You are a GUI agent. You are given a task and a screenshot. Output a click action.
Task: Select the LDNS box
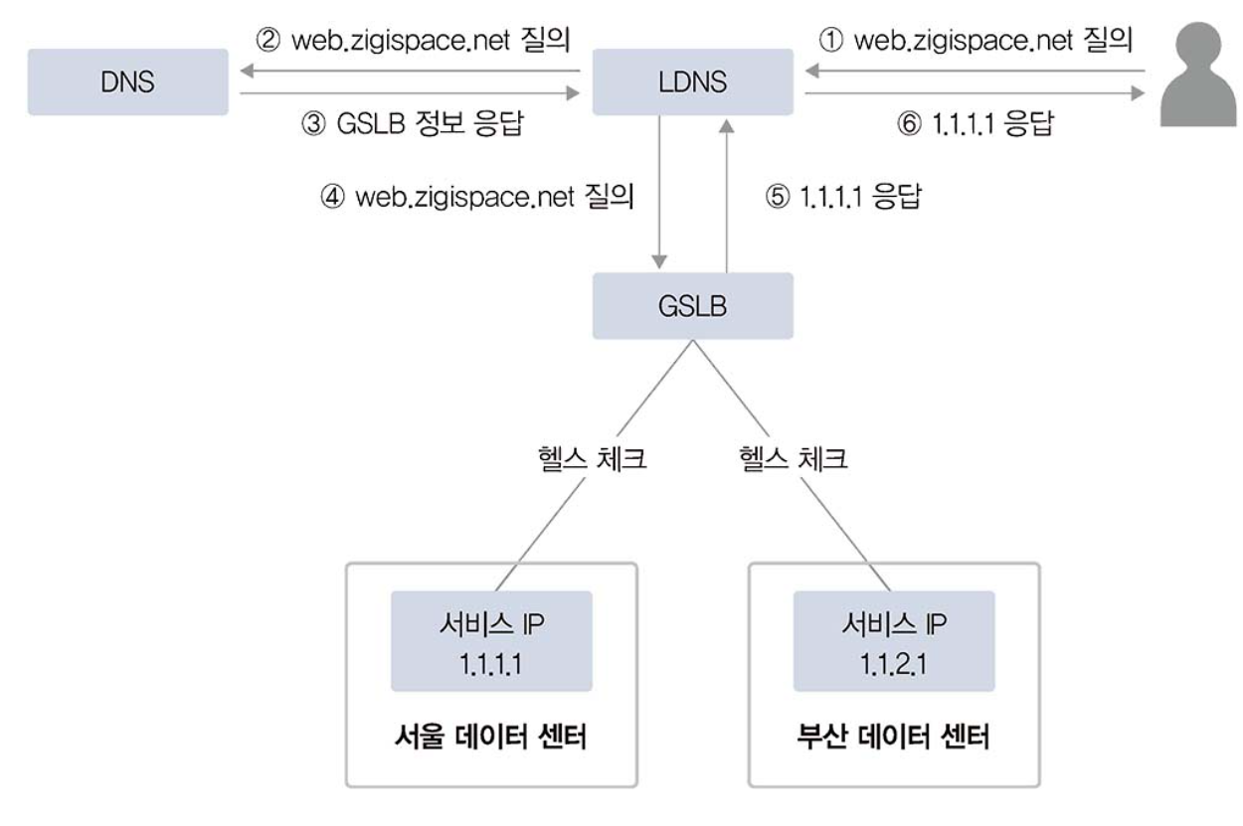pyautogui.click(x=692, y=82)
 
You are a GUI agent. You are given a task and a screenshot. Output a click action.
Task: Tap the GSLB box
pyautogui.click(x=692, y=305)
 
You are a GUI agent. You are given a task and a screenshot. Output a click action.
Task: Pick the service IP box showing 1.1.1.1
pyautogui.click(x=491, y=641)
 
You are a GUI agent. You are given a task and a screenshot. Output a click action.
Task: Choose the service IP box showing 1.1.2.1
pyautogui.click(x=893, y=641)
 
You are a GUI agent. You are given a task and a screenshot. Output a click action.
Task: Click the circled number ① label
pyautogui.click(x=827, y=41)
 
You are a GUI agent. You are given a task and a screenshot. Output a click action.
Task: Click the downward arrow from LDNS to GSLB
pyautogui.click(x=659, y=190)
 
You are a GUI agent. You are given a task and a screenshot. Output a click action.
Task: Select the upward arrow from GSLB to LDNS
pyautogui.click(x=728, y=190)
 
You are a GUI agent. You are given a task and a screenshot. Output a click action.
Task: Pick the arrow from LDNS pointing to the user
pyautogui.click(x=975, y=95)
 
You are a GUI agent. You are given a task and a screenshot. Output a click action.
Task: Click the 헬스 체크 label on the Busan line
pyautogui.click(x=793, y=459)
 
